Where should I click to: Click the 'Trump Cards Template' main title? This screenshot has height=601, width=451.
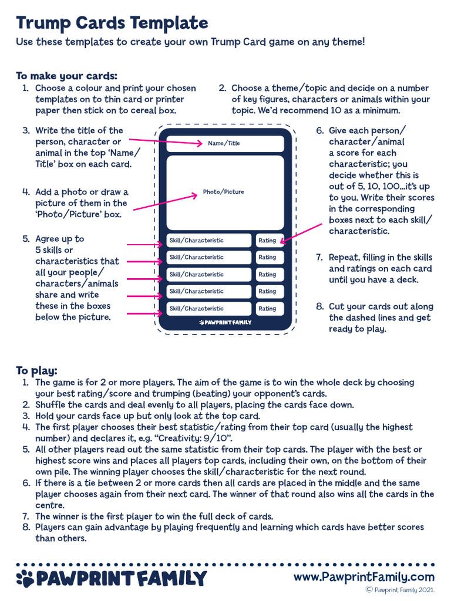point(112,23)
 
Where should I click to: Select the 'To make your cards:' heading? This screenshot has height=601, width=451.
point(66,76)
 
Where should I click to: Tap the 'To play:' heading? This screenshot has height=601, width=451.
point(36,370)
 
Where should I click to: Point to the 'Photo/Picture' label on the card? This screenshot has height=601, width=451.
point(223,192)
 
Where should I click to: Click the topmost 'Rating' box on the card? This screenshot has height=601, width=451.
point(269,241)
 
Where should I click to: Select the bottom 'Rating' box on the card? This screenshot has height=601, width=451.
point(269,309)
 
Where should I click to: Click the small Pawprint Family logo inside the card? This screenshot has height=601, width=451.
point(225,323)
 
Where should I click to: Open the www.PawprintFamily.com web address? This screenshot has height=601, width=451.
point(364,577)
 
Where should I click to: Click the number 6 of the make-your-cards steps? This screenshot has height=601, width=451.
point(320,131)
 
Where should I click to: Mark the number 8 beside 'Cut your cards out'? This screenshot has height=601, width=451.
point(320,307)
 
